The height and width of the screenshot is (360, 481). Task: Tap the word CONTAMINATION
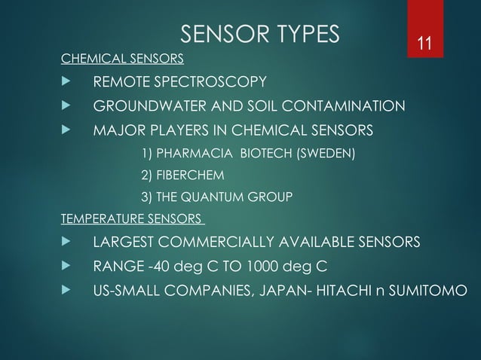pyautogui.click(x=344, y=105)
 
